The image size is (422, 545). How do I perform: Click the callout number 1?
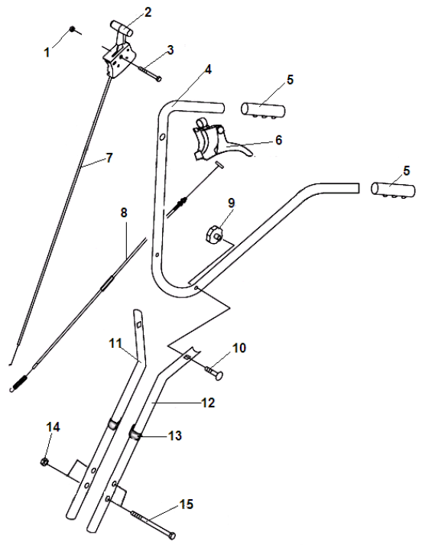tap(47, 53)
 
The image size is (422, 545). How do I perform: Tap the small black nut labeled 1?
tap(73, 29)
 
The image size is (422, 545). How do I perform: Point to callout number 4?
tap(207, 70)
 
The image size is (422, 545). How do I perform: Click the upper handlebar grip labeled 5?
tap(263, 110)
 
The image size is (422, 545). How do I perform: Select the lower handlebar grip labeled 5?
tap(393, 190)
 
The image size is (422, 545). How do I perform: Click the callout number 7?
tap(109, 157)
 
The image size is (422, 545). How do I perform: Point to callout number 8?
tap(124, 212)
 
